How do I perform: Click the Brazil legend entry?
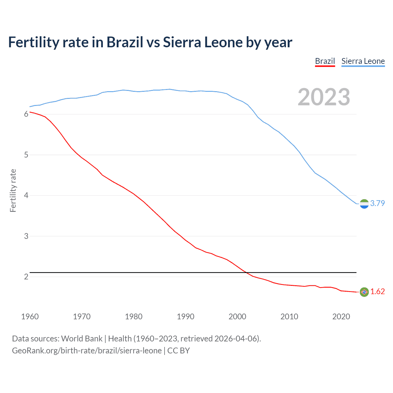325,61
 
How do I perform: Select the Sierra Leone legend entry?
363,61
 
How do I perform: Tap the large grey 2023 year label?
324,97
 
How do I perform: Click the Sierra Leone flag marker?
364,204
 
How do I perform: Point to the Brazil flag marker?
364,292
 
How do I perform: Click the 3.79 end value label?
377,203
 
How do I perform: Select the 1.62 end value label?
377,291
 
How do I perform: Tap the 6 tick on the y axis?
26,114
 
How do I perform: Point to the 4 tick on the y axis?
26,196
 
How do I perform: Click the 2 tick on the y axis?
26,277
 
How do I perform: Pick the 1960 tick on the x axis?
30,317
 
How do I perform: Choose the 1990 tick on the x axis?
185,317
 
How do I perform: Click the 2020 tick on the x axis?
341,317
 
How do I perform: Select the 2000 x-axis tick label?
237,317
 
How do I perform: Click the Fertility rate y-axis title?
13,190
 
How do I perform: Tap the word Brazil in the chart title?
125,42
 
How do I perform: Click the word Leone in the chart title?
224,42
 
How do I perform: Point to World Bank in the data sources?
82,339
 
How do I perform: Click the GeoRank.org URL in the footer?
87,351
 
